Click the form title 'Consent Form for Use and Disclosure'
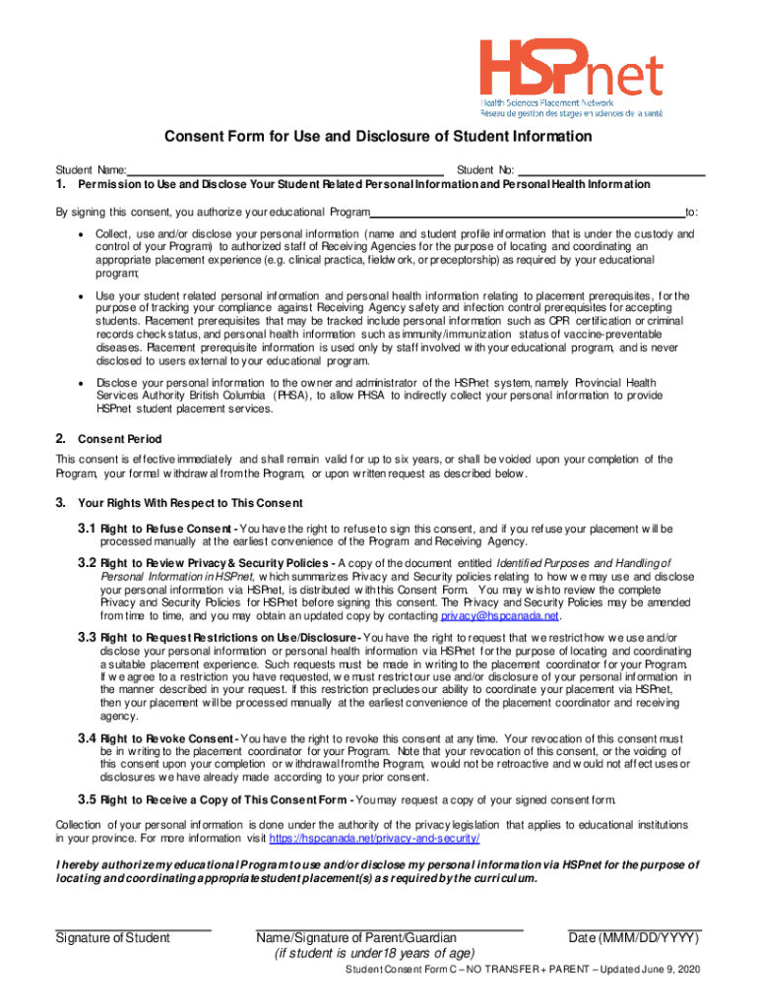pos(363,137)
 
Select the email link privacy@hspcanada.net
pos(500,616)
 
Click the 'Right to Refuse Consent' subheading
pos(166,530)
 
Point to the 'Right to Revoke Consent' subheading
pos(166,738)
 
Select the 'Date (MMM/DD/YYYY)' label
pos(635,938)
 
